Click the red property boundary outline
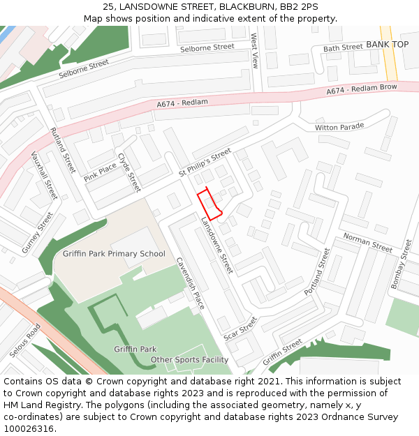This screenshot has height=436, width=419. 209,204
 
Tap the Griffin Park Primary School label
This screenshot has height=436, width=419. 114,253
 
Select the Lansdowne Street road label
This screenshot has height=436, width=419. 217,244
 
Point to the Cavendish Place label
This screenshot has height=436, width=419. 190,284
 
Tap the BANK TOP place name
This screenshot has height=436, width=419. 387,45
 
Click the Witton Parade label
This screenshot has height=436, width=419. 339,127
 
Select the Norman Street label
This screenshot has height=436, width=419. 367,242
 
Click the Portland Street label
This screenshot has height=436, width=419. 316,271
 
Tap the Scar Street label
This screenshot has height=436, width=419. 241,329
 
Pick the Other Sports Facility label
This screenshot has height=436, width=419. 190,360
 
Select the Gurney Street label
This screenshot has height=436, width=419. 36,234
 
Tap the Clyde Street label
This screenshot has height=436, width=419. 129,172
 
